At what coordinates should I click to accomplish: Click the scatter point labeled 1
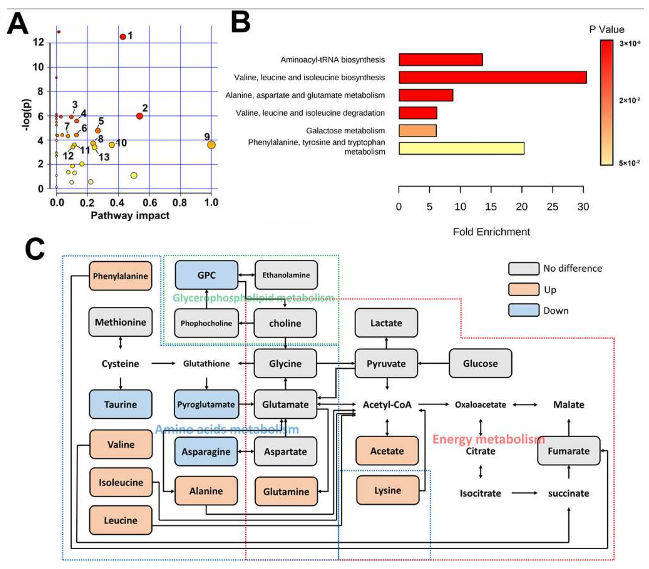(123, 37)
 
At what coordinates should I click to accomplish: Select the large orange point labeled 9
(211, 145)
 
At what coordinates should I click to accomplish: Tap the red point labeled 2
(139, 116)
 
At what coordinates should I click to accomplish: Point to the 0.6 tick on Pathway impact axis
(149, 202)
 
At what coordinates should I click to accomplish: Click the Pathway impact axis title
(130, 216)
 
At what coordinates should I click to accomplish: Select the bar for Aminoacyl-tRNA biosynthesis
(441, 60)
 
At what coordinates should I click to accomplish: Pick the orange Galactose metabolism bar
(417, 131)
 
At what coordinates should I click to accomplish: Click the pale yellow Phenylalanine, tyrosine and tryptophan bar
(461, 148)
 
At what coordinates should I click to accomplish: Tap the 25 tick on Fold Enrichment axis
(552, 207)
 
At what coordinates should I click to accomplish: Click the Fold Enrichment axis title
(491, 232)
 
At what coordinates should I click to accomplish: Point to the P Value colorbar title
(606, 30)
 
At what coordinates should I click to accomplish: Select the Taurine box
(120, 404)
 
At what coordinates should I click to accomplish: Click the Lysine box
(388, 490)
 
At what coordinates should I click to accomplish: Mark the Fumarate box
(568, 451)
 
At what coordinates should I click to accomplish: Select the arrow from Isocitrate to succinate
(524, 493)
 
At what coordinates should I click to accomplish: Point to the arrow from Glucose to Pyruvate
(433, 364)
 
